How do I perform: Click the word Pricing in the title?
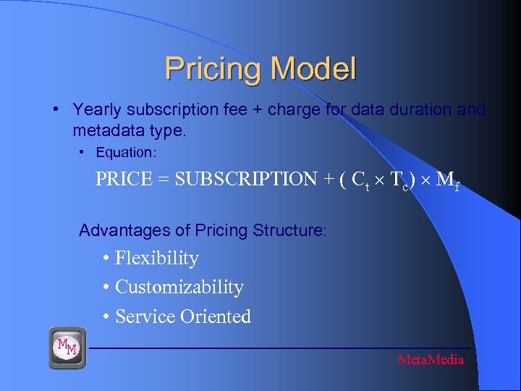click(213, 70)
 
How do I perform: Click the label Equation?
click(126, 153)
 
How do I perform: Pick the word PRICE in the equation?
click(124, 179)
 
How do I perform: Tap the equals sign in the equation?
click(164, 179)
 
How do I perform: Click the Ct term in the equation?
click(360, 180)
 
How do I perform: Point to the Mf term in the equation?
click(446, 180)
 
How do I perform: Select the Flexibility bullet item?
click(156, 258)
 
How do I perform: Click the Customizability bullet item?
click(179, 287)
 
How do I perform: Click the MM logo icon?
click(67, 347)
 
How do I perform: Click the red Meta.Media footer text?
click(431, 360)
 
